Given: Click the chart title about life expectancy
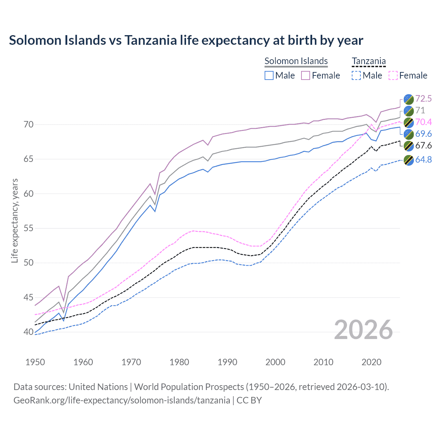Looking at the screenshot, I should click(186, 40).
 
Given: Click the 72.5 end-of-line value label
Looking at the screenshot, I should click(423, 99).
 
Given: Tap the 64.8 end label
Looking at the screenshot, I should click(423, 160).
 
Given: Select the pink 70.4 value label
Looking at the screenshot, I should click(423, 122).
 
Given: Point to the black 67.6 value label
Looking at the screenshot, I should click(423, 146).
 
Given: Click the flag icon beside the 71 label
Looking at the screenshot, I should click(409, 111).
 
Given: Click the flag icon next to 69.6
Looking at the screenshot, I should click(409, 134).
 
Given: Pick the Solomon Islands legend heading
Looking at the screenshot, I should click(296, 61).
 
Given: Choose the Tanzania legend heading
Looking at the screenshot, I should click(369, 61).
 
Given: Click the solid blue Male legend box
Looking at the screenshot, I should click(269, 75).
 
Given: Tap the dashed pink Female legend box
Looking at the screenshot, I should click(393, 75).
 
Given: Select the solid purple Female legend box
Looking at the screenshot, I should click(306, 75).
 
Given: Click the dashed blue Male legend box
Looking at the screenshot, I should click(356, 75).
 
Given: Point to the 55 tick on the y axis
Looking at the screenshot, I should click(29, 228).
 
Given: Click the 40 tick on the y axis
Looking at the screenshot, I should click(29, 332).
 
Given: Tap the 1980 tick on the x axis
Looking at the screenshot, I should click(179, 362).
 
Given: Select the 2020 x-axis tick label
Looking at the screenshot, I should click(371, 362).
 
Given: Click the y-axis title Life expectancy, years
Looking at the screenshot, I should click(14, 220).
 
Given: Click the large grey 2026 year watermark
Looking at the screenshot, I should click(363, 330).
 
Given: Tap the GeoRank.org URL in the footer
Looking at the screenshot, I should click(122, 400).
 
